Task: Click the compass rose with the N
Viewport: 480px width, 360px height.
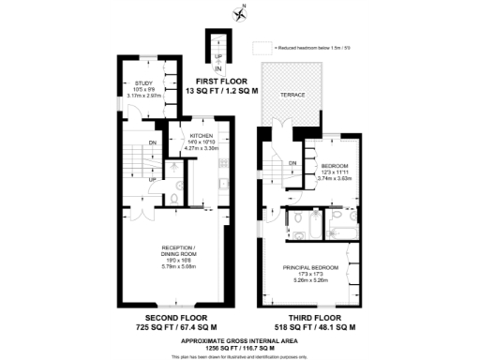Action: point(238,12)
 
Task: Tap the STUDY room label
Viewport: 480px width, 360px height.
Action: point(143,83)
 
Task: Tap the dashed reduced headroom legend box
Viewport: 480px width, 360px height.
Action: point(261,46)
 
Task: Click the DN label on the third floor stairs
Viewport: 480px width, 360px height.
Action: point(292,163)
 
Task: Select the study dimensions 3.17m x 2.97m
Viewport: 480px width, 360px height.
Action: point(143,95)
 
